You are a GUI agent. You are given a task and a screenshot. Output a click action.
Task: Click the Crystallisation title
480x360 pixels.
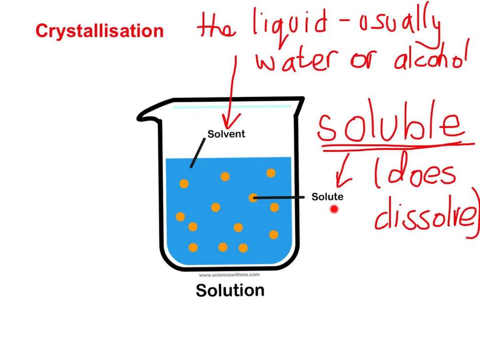99,31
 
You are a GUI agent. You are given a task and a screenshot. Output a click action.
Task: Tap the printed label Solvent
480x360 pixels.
226,134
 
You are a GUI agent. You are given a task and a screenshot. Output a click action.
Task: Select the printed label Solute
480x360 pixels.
327,197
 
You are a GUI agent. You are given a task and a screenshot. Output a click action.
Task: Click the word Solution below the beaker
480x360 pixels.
230,290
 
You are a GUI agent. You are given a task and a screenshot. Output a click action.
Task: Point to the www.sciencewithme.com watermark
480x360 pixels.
229,275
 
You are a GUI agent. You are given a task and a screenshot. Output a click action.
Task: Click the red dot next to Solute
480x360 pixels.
334,209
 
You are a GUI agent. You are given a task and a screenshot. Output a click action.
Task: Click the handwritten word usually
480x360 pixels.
403,26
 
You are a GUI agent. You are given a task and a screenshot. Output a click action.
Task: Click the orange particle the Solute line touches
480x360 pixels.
253,197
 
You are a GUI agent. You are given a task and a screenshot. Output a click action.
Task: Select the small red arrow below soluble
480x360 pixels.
343,175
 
